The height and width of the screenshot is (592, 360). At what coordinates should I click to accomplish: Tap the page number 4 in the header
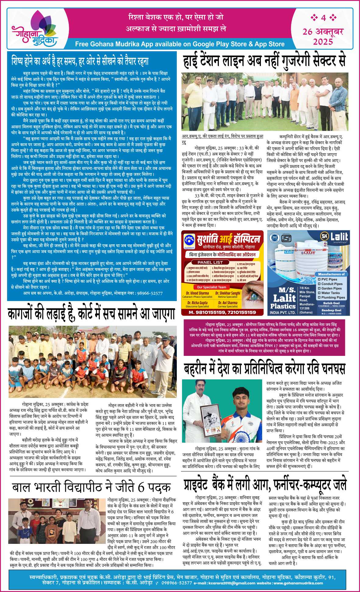tap(323, 18)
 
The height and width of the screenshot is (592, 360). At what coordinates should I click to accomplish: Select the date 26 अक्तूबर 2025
tap(323, 36)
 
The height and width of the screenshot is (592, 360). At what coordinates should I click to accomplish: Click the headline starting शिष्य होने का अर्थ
tap(80, 61)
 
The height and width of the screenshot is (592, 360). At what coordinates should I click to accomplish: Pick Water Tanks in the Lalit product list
tap(330, 293)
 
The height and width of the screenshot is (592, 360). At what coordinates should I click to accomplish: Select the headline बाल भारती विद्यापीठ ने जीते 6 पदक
tap(91, 487)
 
